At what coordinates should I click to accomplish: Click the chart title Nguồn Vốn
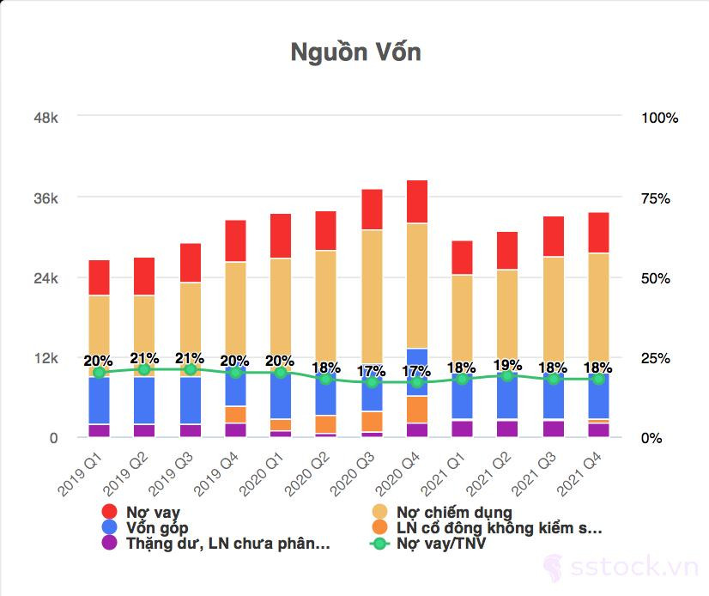point(355,52)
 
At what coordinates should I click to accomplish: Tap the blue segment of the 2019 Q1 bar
point(100,400)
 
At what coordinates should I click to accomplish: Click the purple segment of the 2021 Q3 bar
point(553,429)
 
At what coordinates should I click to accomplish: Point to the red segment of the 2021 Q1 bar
point(462,258)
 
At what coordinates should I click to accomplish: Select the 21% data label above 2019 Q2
point(144,358)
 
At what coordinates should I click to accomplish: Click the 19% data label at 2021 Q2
point(507,365)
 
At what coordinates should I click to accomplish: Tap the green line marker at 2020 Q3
point(372,382)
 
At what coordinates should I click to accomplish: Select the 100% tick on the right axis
point(659,118)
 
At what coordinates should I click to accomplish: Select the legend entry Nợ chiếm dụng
point(454,513)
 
